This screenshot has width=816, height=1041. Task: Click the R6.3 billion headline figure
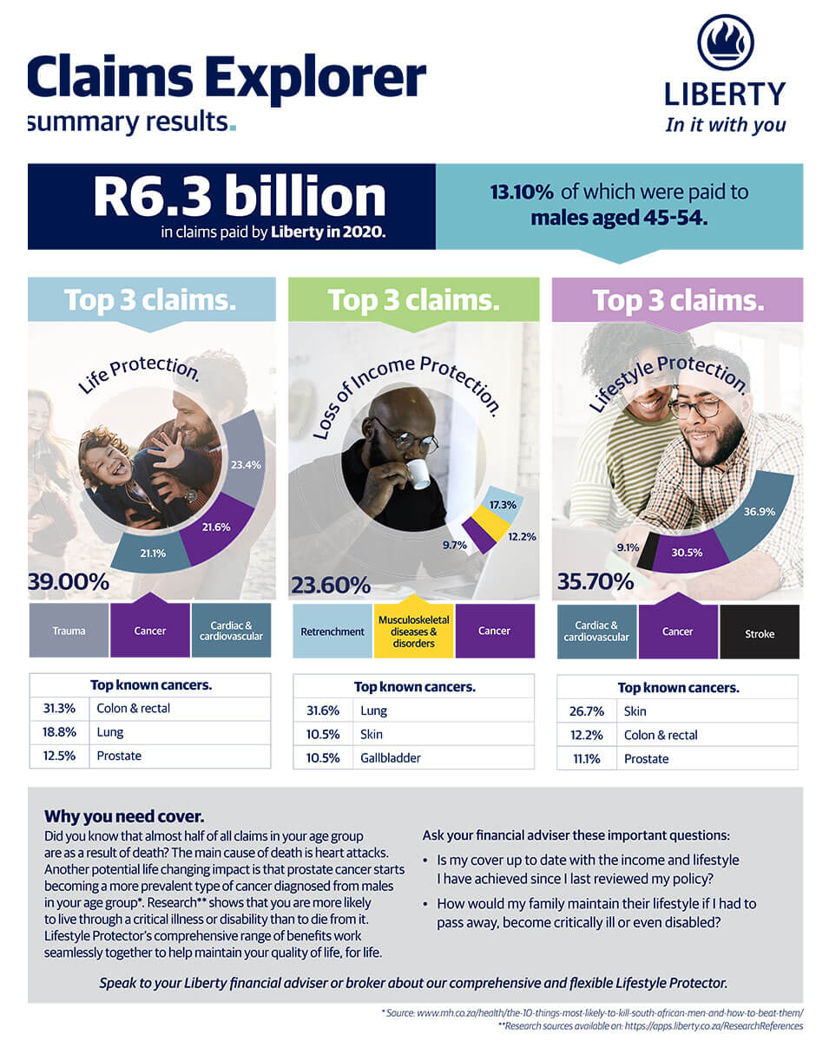click(239, 197)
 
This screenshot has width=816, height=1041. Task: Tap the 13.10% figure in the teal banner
click(516, 192)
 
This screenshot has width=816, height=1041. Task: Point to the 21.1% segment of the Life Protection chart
click(152, 553)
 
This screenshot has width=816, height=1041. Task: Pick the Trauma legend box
click(69, 631)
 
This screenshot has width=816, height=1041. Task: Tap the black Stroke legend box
click(760, 633)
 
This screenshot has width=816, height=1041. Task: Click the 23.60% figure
click(331, 586)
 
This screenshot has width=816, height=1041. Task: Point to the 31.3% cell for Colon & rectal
click(58, 708)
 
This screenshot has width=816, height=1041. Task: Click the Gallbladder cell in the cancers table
click(391, 757)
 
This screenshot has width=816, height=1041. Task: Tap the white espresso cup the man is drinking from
click(418, 473)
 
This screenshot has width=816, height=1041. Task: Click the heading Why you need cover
click(124, 816)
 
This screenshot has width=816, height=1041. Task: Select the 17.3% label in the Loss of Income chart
click(503, 505)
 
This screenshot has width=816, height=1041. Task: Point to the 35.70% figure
click(595, 581)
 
